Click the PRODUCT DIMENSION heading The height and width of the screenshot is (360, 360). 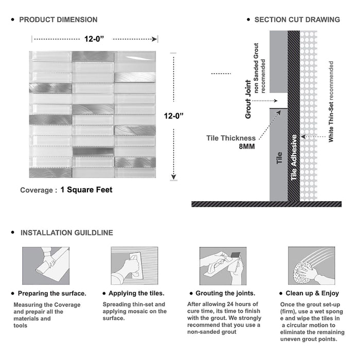point(58,20)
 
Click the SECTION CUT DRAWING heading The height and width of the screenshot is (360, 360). point(297,20)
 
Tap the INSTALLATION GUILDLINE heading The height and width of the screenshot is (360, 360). point(66,233)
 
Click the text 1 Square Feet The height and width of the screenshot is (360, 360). point(86,190)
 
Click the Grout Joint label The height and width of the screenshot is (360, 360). point(248,99)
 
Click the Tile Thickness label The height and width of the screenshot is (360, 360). point(231,138)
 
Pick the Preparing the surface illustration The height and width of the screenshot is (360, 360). point(45,265)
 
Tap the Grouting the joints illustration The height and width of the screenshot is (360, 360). point(222,265)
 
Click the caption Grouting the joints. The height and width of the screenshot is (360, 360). point(224,294)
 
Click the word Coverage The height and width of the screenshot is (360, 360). point(37,190)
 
